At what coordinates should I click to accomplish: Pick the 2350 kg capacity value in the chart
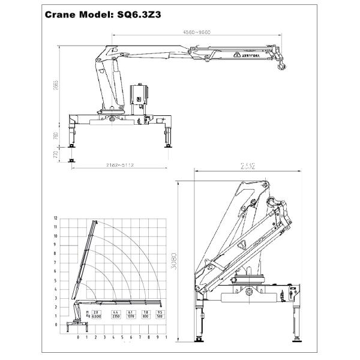[113, 316]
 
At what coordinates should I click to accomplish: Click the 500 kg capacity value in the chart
[160, 316]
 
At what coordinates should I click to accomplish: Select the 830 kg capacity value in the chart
[145, 316]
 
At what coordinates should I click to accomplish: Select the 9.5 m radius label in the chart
[160, 312]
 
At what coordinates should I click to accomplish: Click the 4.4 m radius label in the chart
[113, 312]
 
